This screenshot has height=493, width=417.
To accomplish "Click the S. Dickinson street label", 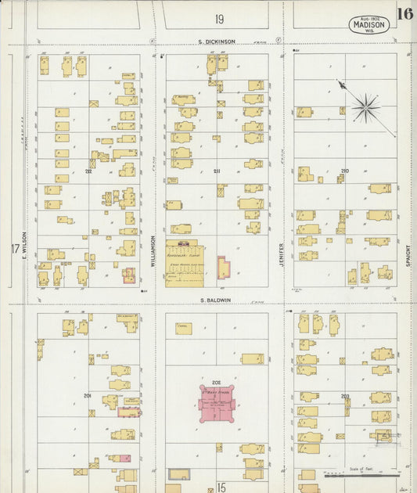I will (x=216, y=41).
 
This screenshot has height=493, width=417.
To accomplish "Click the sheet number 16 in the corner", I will (x=404, y=13).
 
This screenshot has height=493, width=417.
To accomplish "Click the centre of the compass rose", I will (x=365, y=108).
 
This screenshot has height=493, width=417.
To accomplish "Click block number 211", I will (x=217, y=171).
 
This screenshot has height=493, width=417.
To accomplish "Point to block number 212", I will (x=88, y=171).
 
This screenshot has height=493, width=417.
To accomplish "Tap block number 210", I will (x=344, y=171).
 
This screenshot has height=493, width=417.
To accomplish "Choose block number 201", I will (x=88, y=396).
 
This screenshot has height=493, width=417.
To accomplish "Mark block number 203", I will (x=345, y=397).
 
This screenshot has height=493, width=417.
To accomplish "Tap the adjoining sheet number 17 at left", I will (x=14, y=250).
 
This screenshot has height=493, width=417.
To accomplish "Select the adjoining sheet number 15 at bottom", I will (x=221, y=487).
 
